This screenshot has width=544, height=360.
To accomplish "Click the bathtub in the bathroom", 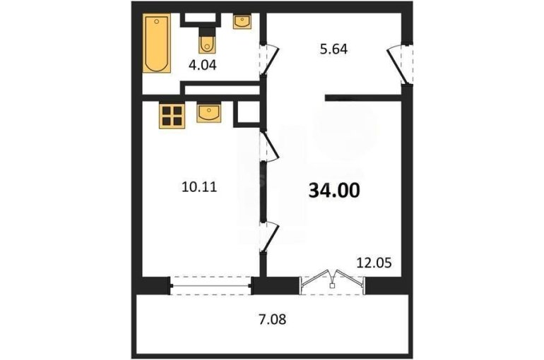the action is (x=157, y=43).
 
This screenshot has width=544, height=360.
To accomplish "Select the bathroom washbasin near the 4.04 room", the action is (x=242, y=21).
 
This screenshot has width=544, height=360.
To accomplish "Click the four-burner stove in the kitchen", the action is (x=172, y=116).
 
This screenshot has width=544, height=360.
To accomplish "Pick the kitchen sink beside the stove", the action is (x=208, y=113).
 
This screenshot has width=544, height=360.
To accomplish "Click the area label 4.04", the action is (x=202, y=65).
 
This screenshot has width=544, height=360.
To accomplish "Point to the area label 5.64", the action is (x=333, y=49).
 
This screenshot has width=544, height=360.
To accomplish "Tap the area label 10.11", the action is (x=199, y=187).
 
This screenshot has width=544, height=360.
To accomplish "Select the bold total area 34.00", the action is (x=334, y=190).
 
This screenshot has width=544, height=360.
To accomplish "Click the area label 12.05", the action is (x=374, y=263).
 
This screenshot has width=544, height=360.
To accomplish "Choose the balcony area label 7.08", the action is (x=272, y=319).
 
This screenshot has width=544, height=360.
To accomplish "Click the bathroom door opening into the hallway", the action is (x=270, y=60).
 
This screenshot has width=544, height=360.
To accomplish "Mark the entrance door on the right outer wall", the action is (x=399, y=65).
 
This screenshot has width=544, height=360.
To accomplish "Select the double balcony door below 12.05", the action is (x=332, y=281).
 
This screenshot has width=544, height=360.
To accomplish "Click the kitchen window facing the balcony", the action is (x=211, y=285).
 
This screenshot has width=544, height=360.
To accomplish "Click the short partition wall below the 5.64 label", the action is (x=363, y=98).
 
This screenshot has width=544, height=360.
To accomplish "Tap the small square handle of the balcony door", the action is (x=332, y=286).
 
